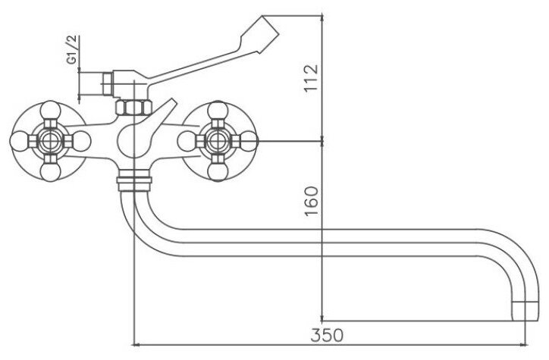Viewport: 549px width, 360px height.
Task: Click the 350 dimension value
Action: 327,335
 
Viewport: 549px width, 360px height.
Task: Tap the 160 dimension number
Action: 312,201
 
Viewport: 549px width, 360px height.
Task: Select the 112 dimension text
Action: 311,78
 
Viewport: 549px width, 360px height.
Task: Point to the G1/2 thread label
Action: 72,49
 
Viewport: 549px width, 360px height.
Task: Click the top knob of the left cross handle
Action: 50,110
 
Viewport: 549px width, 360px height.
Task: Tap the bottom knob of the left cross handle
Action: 50,172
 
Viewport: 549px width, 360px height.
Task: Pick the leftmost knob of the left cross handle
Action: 20,141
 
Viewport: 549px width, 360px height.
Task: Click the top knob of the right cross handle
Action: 218,110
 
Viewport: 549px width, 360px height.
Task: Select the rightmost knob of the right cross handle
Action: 248,141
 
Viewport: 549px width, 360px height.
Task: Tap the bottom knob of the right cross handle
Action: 218,172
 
